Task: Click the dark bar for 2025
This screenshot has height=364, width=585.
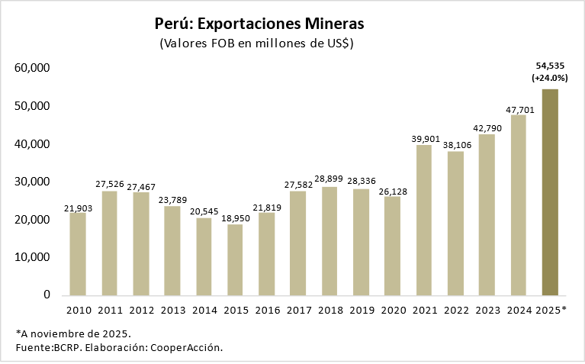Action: click(550, 192)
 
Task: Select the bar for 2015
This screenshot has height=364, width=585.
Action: click(235, 259)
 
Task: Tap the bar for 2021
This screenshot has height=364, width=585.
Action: click(424, 220)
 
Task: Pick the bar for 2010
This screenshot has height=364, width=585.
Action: click(78, 254)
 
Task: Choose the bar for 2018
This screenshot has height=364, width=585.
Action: click(329, 241)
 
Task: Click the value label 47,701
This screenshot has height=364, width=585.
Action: click(519, 110)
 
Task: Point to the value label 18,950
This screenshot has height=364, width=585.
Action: click(235, 219)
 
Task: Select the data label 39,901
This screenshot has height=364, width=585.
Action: click(424, 139)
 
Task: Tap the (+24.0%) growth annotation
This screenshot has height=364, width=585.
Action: click(550, 78)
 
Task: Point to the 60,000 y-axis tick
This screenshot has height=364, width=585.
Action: click(32, 68)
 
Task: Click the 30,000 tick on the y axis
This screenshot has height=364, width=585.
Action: click(32, 182)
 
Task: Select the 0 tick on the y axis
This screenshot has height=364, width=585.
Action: click(47, 295)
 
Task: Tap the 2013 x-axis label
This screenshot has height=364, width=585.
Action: click(172, 311)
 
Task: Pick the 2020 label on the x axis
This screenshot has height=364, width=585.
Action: click(393, 311)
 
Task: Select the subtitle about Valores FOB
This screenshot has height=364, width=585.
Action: click(256, 43)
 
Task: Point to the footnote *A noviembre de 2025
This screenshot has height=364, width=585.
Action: click(73, 333)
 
